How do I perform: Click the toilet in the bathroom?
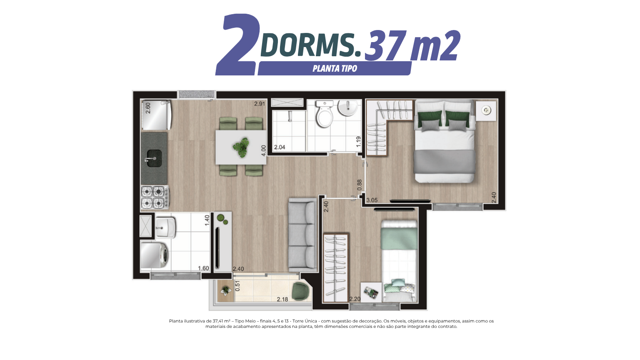[x=325, y=113]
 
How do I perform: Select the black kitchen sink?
[x=154, y=158]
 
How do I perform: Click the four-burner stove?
[x=155, y=197]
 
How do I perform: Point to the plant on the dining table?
[x=241, y=147]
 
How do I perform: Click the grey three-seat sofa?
[x=302, y=235]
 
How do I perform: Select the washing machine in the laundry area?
[x=155, y=255]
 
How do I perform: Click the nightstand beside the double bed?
[x=486, y=110]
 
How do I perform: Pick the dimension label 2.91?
[x=260, y=104]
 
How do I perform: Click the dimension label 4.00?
[x=263, y=150]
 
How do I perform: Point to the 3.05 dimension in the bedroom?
[x=372, y=200]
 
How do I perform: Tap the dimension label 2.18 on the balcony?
[x=282, y=299]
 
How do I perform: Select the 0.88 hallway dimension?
[x=360, y=185]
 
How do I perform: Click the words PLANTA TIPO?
[x=335, y=69]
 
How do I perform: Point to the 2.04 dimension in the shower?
[x=280, y=147]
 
